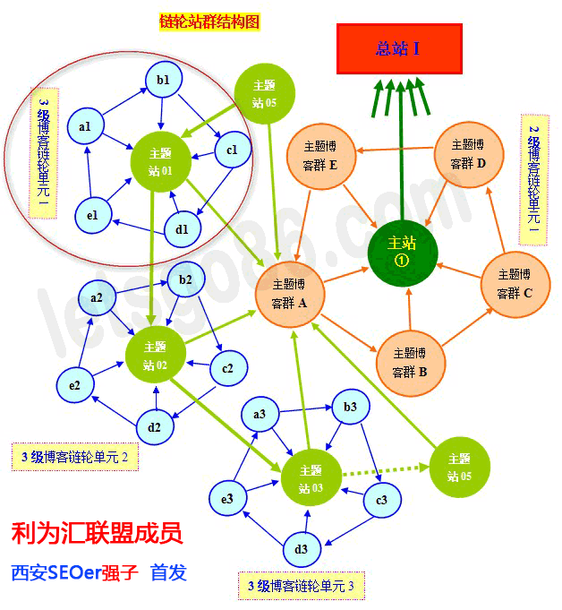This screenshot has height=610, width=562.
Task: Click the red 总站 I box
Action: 399,48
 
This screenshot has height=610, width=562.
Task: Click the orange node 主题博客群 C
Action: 515,283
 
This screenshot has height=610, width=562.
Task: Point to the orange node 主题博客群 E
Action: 320,155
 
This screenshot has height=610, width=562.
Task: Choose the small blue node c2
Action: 227,368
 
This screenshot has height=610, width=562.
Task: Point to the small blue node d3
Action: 301,549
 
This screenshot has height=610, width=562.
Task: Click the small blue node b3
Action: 350,408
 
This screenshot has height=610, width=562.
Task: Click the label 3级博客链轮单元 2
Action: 75,458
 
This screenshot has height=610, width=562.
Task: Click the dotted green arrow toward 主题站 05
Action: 386,468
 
